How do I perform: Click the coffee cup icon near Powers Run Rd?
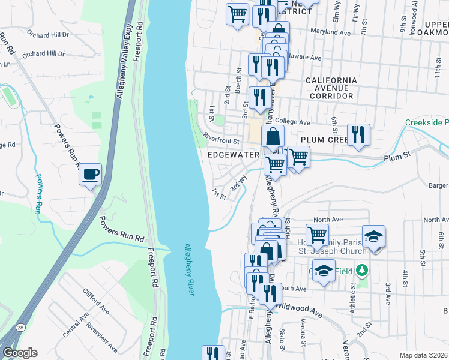click(x=90, y=175)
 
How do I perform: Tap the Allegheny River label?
click(x=190, y=269)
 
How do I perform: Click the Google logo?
click(x=20, y=353)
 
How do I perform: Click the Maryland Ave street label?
click(x=330, y=32)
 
